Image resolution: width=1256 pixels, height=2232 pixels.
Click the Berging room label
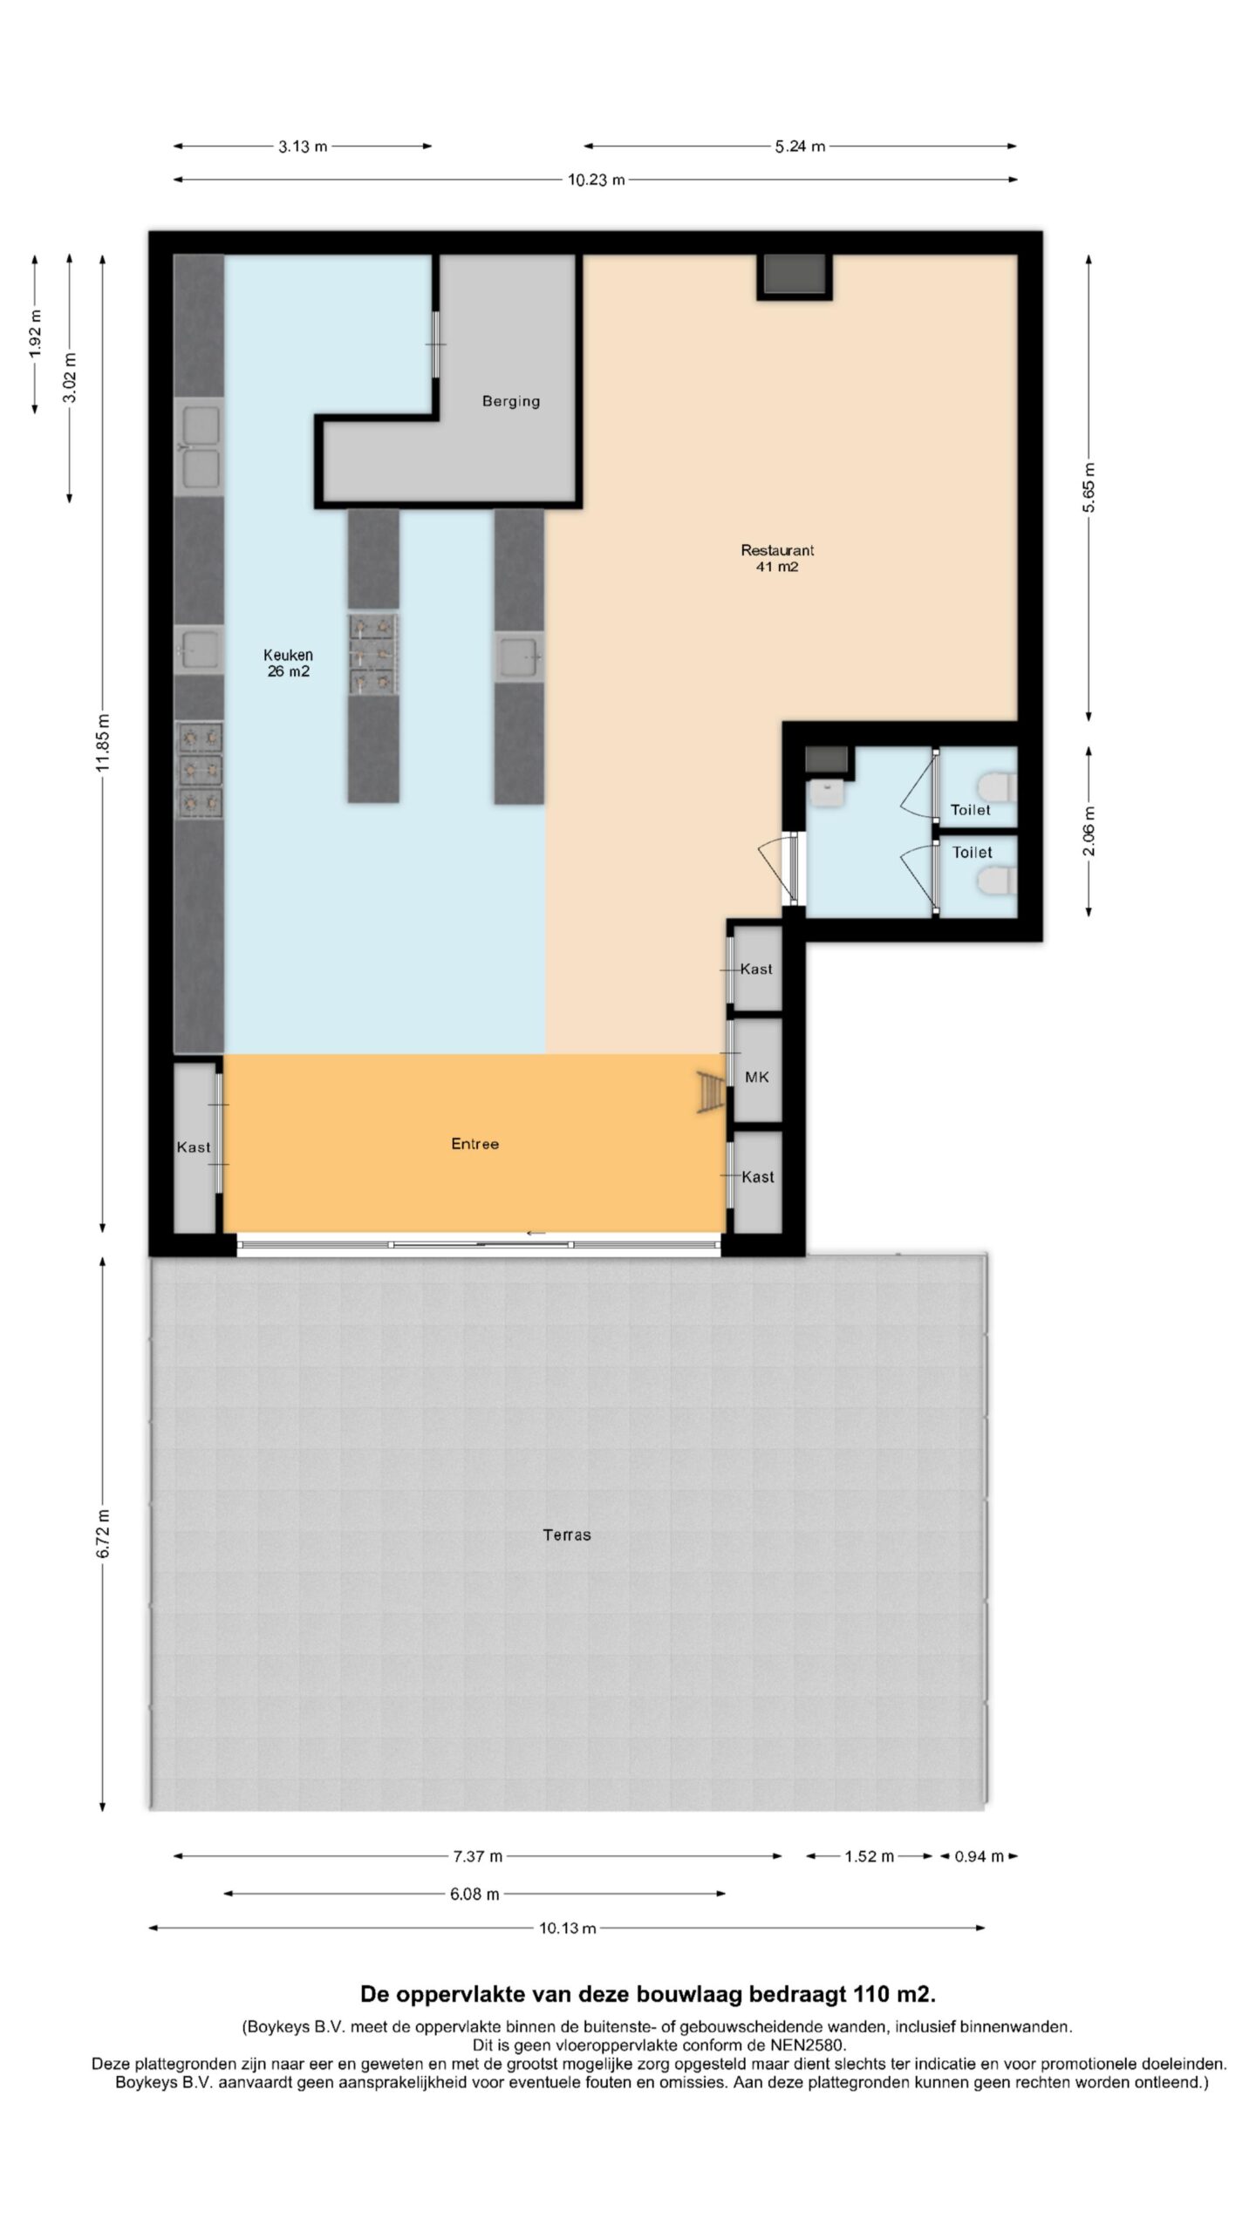click(x=511, y=401)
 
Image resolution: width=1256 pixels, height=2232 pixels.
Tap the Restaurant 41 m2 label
click(x=777, y=558)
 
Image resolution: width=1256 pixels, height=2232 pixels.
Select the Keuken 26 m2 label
click(x=288, y=663)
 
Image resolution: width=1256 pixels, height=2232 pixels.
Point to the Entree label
click(x=474, y=1144)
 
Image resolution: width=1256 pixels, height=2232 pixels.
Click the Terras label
click(x=567, y=1534)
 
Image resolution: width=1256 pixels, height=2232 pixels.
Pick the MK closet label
click(x=757, y=1078)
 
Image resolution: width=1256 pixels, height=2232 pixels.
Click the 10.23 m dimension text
click(x=597, y=180)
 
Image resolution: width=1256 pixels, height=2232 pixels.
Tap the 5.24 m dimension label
click(x=800, y=146)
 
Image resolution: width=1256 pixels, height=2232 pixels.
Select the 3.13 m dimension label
click(x=303, y=146)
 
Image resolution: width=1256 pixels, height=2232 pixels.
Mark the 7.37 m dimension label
click(x=477, y=1856)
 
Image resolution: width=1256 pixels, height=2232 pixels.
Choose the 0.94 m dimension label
click(x=979, y=1856)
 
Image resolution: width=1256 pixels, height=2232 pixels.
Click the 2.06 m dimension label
click(x=1089, y=831)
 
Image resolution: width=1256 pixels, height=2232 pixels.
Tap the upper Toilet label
click(x=971, y=810)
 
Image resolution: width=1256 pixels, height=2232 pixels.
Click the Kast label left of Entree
click(x=194, y=1147)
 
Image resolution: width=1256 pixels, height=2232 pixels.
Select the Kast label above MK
click(x=756, y=969)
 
